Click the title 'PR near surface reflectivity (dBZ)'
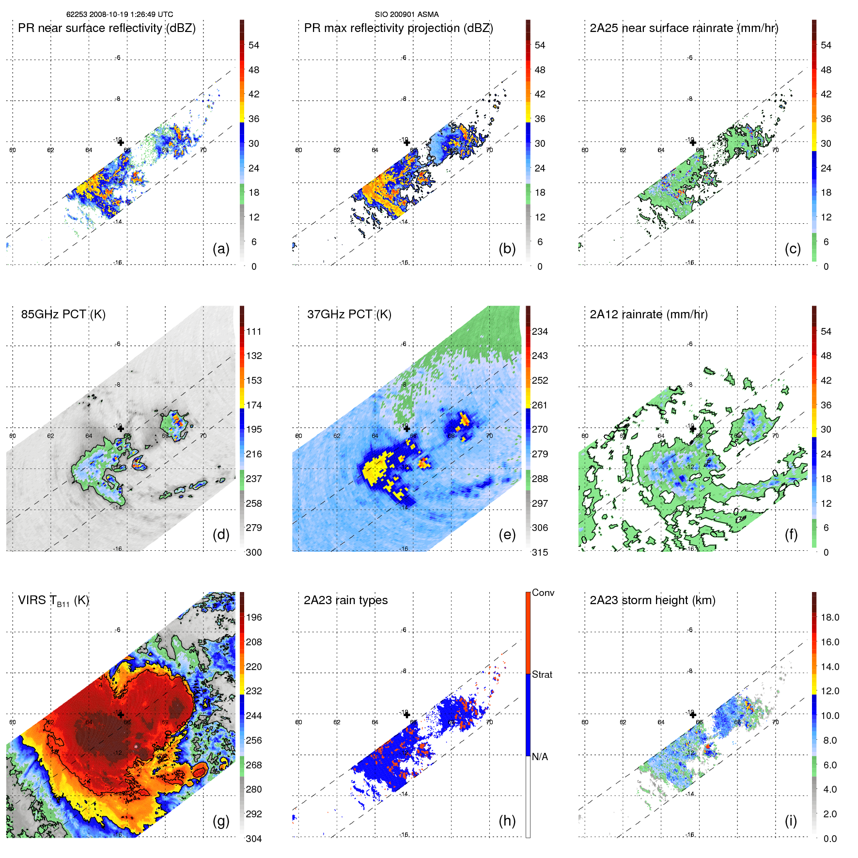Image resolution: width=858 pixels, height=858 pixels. click(x=107, y=28)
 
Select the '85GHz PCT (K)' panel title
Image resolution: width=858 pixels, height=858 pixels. click(x=63, y=314)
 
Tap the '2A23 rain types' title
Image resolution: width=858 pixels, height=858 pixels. click(x=345, y=600)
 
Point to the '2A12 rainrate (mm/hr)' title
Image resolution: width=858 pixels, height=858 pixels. click(x=649, y=314)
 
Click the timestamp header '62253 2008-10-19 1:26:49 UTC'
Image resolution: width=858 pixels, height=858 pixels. click(x=120, y=15)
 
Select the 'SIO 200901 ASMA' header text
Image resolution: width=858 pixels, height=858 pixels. click(x=406, y=15)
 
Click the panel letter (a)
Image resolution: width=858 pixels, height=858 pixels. click(x=221, y=249)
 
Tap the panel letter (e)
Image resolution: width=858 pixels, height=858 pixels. click(x=507, y=535)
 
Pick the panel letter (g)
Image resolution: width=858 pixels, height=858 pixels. click(x=221, y=821)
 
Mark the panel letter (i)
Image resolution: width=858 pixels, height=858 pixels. click(x=791, y=821)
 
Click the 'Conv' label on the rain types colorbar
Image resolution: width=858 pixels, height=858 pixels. click(x=543, y=593)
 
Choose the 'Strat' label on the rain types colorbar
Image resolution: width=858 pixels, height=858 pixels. click(x=542, y=675)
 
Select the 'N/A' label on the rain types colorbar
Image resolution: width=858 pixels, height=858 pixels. click(x=540, y=757)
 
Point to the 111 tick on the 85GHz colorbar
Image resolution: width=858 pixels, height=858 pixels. click(x=254, y=332)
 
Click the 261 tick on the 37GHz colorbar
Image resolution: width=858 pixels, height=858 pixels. click(x=540, y=406)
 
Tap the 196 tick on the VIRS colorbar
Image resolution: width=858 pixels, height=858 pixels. click(x=254, y=618)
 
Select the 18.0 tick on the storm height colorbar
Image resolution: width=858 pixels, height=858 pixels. click(x=830, y=618)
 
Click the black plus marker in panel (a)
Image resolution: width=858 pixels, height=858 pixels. click(x=121, y=142)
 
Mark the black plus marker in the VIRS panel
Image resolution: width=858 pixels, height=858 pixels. click(x=121, y=715)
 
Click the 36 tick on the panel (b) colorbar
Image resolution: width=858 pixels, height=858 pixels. click(x=540, y=119)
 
